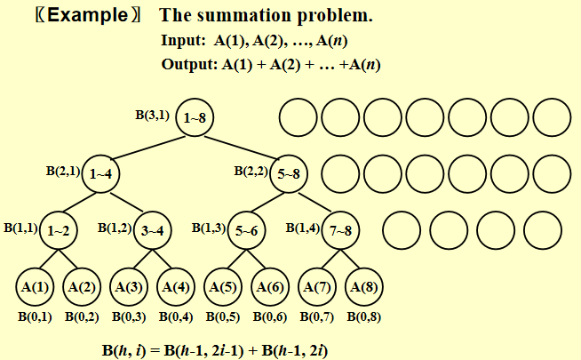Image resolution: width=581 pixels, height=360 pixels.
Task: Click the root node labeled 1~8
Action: click(x=195, y=116)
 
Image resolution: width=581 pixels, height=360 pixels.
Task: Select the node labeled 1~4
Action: click(x=100, y=173)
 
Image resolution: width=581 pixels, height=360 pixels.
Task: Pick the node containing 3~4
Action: click(x=153, y=230)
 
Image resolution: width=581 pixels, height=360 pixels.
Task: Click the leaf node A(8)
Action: click(x=362, y=287)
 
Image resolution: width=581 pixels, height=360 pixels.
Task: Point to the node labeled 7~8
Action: click(x=340, y=230)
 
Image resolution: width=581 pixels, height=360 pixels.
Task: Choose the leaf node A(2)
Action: click(x=81, y=287)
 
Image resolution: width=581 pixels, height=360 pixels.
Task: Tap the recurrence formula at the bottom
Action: click(x=216, y=349)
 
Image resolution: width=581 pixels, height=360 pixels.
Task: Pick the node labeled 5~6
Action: click(x=244, y=230)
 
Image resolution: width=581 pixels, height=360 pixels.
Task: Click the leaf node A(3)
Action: click(x=128, y=287)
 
